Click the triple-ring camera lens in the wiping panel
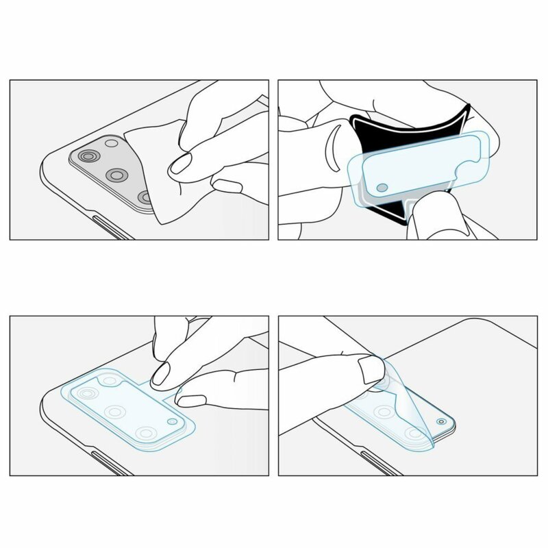[88, 158]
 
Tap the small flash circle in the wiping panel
[110, 145]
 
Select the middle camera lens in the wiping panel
[116, 176]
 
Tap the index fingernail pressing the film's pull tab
[162, 373]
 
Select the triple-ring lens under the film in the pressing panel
[88, 395]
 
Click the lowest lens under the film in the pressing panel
[145, 433]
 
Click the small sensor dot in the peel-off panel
[440, 422]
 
